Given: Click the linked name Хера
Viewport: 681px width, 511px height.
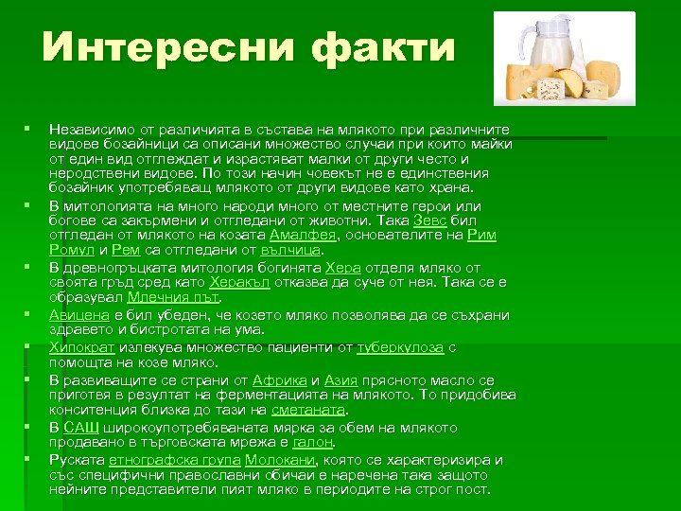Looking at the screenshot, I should pyautogui.click(x=342, y=268).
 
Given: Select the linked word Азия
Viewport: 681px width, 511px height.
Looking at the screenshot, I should pyautogui.click(x=340, y=379).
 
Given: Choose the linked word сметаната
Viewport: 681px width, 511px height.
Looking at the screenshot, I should pyautogui.click(x=308, y=410).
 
